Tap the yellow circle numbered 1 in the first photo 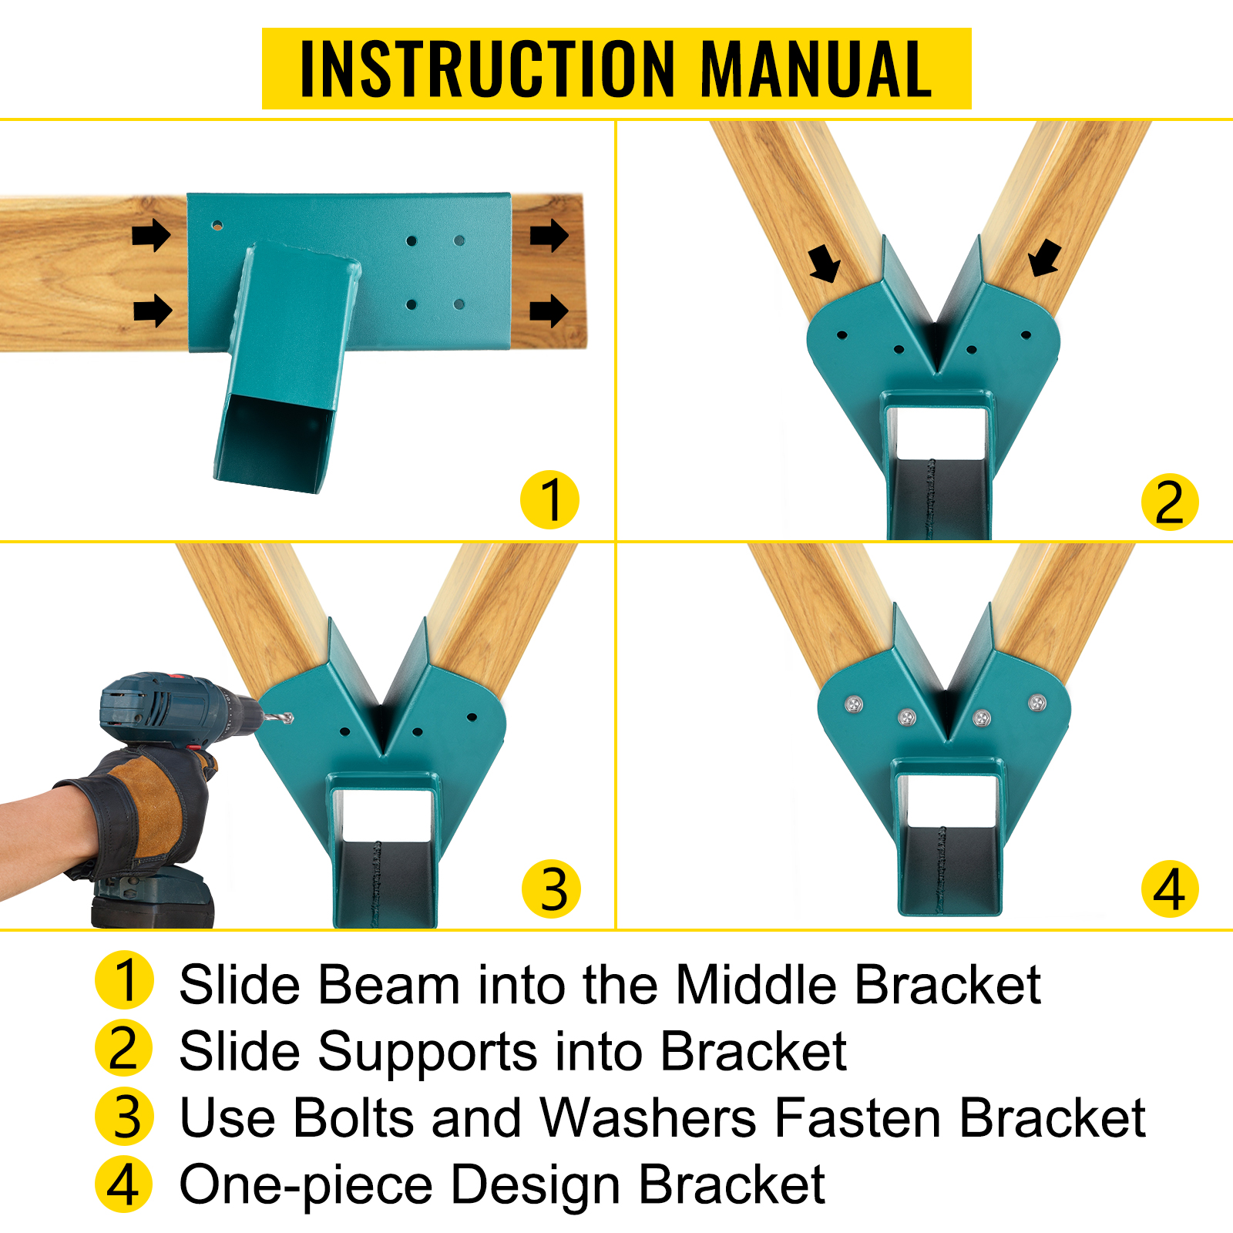(549, 499)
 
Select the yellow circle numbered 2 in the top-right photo (1169, 502)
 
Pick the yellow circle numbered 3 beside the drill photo (551, 889)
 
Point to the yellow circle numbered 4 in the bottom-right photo (1169, 889)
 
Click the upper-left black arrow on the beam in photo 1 (151, 234)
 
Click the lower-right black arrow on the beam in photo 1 (549, 311)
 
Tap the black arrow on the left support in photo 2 (825, 264)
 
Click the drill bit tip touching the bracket (288, 718)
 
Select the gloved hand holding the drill (150, 809)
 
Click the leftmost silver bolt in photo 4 (853, 704)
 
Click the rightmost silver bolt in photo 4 (1037, 702)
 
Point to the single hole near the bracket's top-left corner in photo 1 (217, 226)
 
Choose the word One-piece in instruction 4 (306, 1184)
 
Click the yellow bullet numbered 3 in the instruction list (125, 1117)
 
